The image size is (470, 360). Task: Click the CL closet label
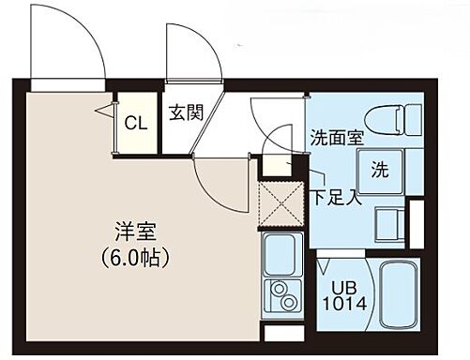(x=135, y=122)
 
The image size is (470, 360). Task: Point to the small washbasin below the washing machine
(x=386, y=222)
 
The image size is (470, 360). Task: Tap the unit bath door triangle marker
(x=323, y=250)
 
